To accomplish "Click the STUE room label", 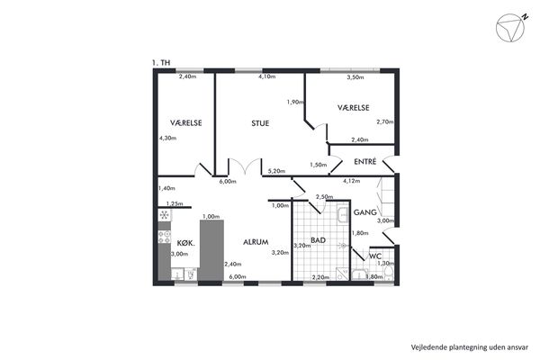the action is coord(260,123).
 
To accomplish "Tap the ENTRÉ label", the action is coord(365,161).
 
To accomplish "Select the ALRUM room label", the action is coord(256,242).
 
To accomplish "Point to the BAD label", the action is coord(318,240).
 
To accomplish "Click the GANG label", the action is coord(365,212).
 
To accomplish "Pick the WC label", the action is coord(375,256).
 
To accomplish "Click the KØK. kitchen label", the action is coord(186,243).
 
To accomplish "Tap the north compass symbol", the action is coord(511,28).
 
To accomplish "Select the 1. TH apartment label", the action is coord(161,63).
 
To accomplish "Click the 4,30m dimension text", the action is coord(167,138).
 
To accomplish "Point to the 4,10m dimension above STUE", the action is coord(267,76).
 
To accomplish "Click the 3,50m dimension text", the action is coord(355,77).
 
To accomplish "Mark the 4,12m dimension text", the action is coord(352,181).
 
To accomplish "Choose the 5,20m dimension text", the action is coord(276,170).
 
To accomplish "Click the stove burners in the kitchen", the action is coord(165,237).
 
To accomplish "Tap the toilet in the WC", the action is coord(389,274).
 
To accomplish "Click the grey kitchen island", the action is coord(211,250).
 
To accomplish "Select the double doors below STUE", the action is coord(245,167).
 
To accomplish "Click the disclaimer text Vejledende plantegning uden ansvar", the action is coord(470,347).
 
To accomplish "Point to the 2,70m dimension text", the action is coord(385,121).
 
